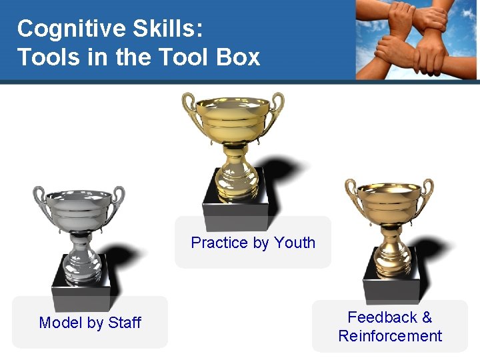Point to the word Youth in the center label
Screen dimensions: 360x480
pos(295,243)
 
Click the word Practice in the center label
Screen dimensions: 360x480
pos(219,243)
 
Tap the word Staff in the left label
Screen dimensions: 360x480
pos(125,323)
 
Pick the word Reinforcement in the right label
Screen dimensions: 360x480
pos(390,336)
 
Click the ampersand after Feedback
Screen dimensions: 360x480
pos(427,317)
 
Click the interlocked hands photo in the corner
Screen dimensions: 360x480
pos(417,40)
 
